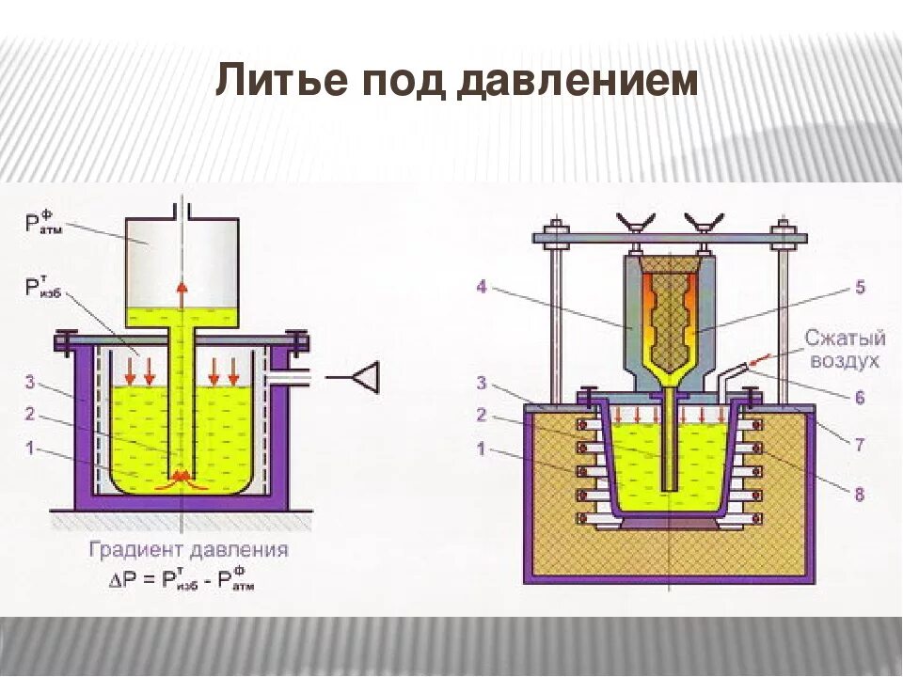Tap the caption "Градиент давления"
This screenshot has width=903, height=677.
189,549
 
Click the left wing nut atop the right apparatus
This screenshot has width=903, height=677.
631,222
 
